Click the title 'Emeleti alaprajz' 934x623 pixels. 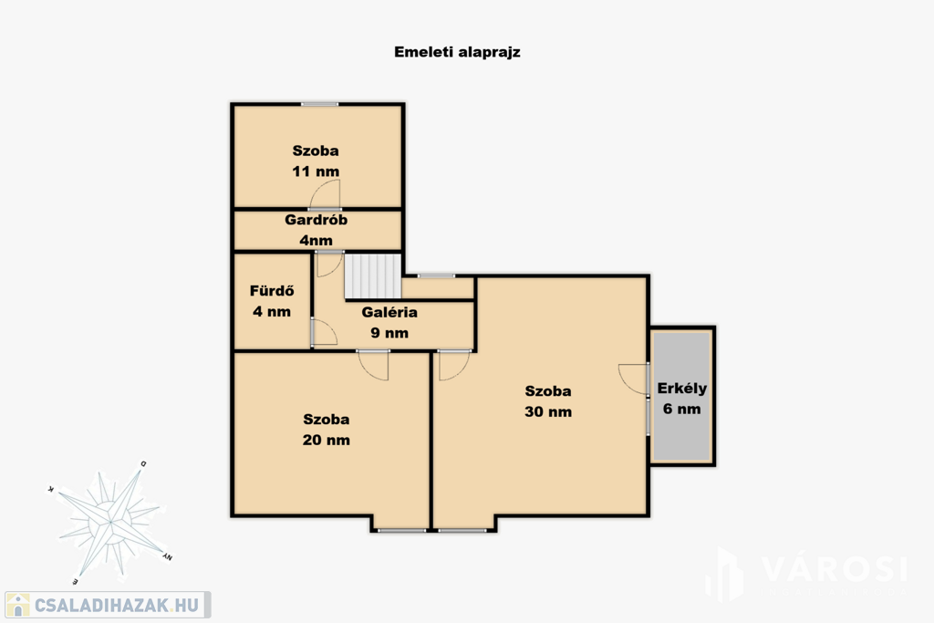click(457, 52)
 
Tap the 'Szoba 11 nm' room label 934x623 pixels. click(316, 161)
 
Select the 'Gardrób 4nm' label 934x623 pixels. click(317, 230)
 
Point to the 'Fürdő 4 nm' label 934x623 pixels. click(272, 301)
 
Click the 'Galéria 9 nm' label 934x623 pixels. click(389, 322)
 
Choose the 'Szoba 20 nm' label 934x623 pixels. click(327, 430)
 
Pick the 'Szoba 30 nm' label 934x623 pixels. click(548, 401)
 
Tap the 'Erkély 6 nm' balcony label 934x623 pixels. click(682, 399)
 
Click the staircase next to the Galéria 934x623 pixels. click(373, 275)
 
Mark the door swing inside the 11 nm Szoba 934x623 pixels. click(326, 194)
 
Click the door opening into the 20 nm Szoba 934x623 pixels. click(373, 365)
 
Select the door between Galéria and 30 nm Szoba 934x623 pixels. click(454, 365)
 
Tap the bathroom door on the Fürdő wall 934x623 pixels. click(325, 332)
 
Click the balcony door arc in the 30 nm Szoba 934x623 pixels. click(634, 379)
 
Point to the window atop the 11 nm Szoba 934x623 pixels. click(319, 104)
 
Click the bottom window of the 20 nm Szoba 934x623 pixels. click(402, 529)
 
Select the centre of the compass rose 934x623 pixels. click(110, 523)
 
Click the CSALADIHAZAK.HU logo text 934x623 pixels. click(117, 606)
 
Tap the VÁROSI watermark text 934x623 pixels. click(834, 569)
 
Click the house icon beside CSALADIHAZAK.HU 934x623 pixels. click(18, 605)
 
